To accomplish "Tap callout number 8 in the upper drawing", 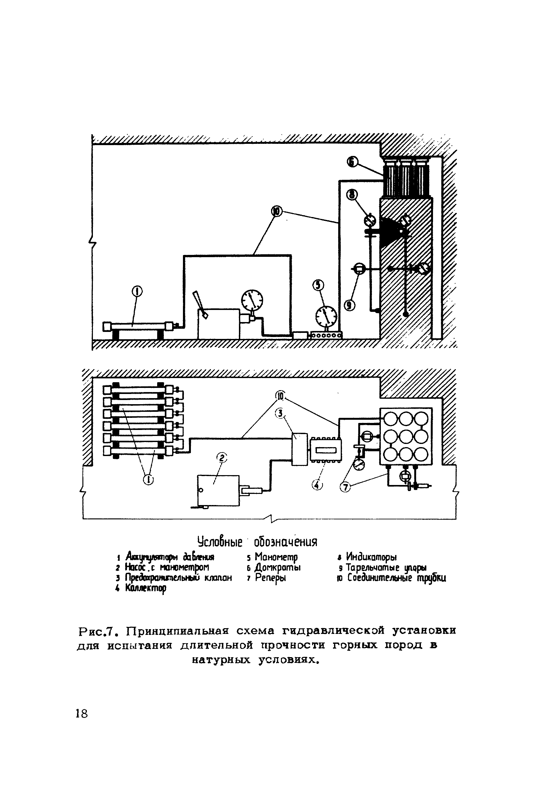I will pos(352,195).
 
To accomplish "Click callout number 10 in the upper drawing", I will pos(277,211).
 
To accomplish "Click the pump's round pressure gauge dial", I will pos(252,300).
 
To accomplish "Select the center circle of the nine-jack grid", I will pos(406,436).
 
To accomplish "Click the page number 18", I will pos(82,714).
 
